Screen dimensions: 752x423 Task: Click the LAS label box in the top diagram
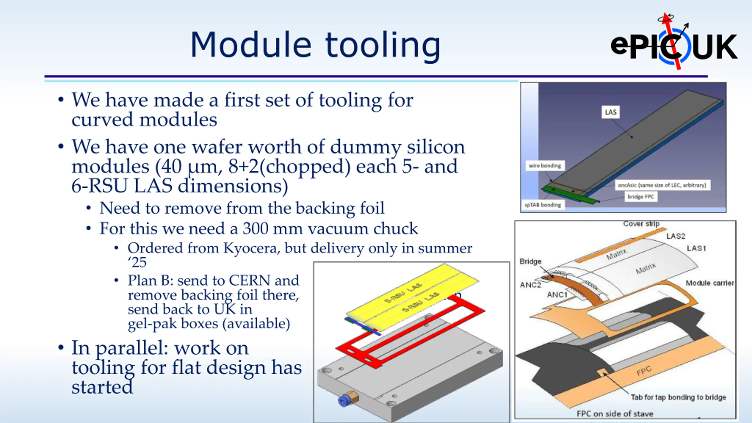click(610, 112)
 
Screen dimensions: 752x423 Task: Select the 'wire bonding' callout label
click(545, 166)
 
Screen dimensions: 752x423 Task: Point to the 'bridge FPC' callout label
click(641, 197)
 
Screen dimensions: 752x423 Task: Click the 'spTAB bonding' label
click(543, 205)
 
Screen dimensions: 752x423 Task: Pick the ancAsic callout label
click(662, 185)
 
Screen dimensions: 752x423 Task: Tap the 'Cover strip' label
click(641, 224)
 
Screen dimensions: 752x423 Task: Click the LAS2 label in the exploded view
click(676, 236)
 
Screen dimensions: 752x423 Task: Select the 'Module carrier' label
click(710, 283)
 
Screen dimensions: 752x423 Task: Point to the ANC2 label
click(530, 285)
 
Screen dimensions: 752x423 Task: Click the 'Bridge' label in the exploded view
click(530, 261)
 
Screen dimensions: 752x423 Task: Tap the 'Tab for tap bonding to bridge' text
click(678, 397)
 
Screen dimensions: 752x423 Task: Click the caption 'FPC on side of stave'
click(615, 414)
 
